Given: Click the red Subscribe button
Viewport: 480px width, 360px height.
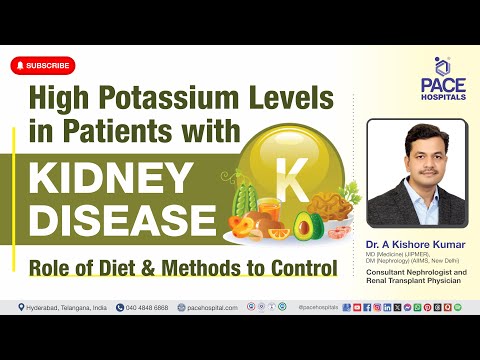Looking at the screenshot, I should pos(43,66).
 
